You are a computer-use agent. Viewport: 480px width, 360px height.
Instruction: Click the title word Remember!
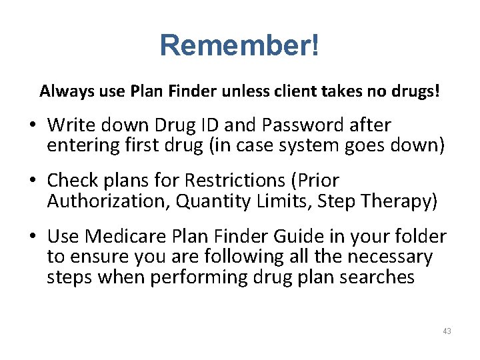point(240,45)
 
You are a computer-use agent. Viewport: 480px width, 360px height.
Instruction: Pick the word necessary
point(389,257)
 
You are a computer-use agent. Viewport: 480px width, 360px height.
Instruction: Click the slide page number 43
point(447,331)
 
